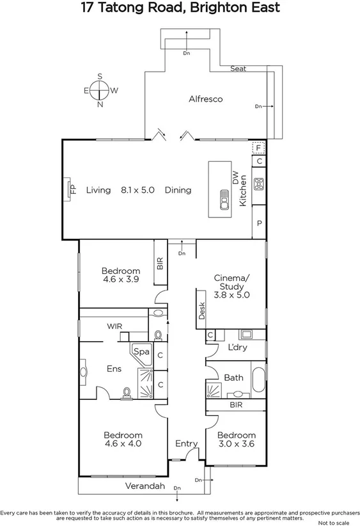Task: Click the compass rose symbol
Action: [x=100, y=90]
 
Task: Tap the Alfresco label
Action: [x=205, y=99]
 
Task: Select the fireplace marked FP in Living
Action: [x=70, y=190]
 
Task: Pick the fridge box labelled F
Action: [x=258, y=148]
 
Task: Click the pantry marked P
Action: [x=259, y=223]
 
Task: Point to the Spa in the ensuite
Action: [x=141, y=353]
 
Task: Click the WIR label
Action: [x=114, y=326]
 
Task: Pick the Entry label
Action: [x=186, y=443]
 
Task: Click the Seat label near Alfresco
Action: [x=238, y=68]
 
